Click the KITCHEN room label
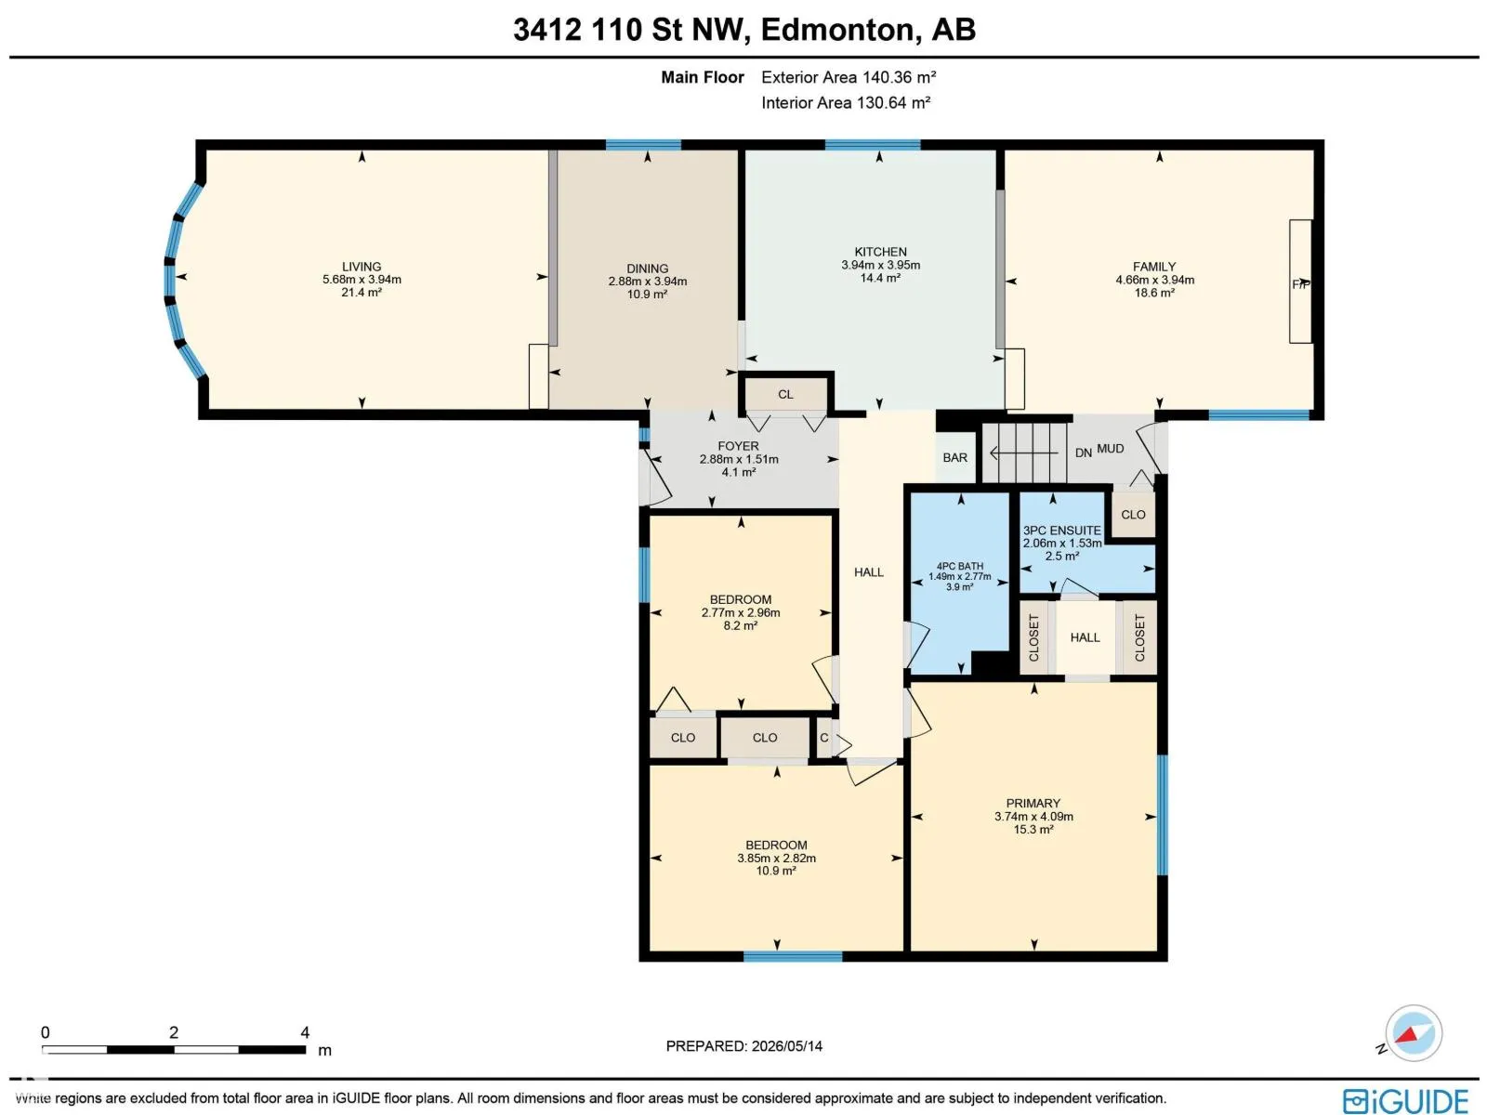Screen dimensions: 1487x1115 pyautogui.click(x=880, y=252)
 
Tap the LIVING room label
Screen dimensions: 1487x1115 pyautogui.click(x=362, y=267)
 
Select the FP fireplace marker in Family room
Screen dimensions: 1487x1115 pyautogui.click(x=1301, y=284)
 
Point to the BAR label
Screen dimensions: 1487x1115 pyautogui.click(x=954, y=458)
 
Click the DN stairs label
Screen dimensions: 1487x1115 pyautogui.click(x=1084, y=453)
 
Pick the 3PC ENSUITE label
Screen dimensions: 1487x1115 pyautogui.click(x=1061, y=531)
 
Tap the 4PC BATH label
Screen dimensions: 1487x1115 pyautogui.click(x=959, y=566)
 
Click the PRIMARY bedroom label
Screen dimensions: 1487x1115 pyautogui.click(x=1033, y=803)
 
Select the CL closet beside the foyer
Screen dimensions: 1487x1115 pyautogui.click(x=785, y=394)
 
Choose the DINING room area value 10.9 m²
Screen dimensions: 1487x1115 pyautogui.click(x=647, y=295)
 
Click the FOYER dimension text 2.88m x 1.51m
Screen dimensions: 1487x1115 pyautogui.click(x=739, y=459)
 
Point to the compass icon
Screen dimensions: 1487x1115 pyautogui.click(x=1413, y=1033)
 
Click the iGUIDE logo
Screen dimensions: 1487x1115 pyautogui.click(x=1405, y=1100)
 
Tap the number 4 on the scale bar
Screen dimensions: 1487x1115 pyautogui.click(x=305, y=1032)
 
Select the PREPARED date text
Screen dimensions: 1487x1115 pyautogui.click(x=743, y=1046)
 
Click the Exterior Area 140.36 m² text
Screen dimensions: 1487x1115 pyautogui.click(x=849, y=77)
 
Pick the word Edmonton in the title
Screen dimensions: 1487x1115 pyautogui.click(x=836, y=30)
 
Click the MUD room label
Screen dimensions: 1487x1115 pyautogui.click(x=1111, y=448)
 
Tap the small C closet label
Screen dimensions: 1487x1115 pyautogui.click(x=823, y=737)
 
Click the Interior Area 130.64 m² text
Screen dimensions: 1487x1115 pyautogui.click(x=846, y=103)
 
